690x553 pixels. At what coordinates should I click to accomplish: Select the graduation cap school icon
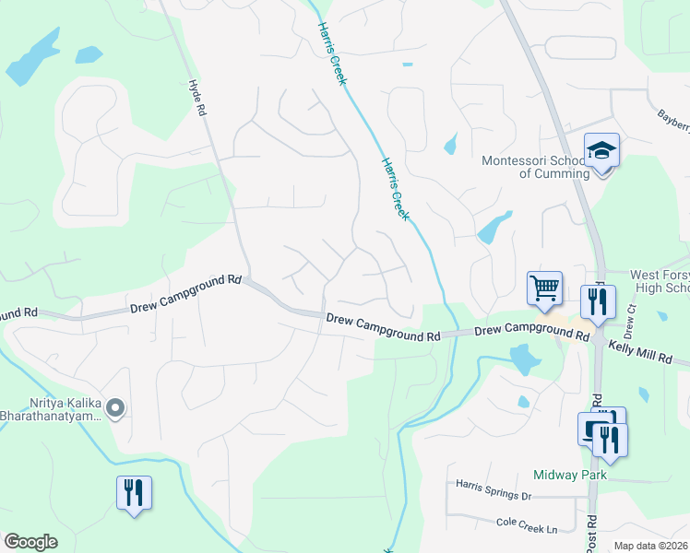tap(601, 150)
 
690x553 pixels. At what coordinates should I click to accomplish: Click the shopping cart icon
tap(544, 288)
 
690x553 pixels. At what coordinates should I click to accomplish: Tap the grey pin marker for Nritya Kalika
tap(115, 406)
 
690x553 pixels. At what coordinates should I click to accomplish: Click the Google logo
tap(31, 542)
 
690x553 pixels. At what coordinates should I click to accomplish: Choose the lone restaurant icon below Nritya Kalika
tap(134, 493)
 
